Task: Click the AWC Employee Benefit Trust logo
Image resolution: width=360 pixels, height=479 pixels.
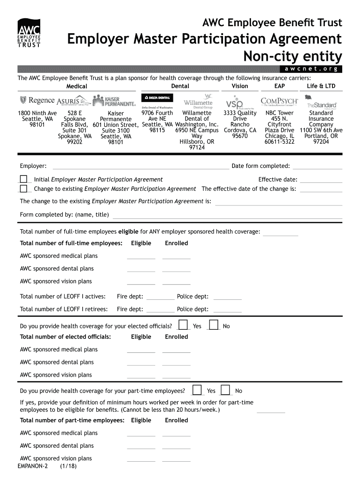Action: pos(29,33)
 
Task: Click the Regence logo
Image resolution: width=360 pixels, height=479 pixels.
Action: pos(37,100)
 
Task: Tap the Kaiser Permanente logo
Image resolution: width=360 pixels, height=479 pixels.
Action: pos(114,101)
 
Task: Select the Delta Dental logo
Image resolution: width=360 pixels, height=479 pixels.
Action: pos(157,98)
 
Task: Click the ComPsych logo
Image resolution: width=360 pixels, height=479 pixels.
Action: pos(279,101)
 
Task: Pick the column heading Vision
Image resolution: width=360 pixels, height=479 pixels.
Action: pos(240,86)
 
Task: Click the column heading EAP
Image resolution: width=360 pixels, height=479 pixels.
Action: pos(280,86)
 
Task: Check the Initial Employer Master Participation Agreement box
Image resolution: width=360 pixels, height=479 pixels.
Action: pos(23,179)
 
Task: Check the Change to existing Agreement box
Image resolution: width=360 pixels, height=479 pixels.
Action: pos(23,189)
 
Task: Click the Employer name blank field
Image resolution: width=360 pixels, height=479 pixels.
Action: pos(140,167)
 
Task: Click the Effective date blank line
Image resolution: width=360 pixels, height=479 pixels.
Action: pos(321,180)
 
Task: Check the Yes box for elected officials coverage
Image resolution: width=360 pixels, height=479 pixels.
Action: pos(184,325)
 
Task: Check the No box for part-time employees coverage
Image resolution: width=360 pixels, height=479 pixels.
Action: pos(225,390)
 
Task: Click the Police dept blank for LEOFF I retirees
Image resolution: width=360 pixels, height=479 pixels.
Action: pos(227,310)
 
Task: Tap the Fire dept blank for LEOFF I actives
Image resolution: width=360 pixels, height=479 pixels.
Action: pos(160,297)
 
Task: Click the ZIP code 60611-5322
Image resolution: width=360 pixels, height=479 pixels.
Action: pos(279,142)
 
